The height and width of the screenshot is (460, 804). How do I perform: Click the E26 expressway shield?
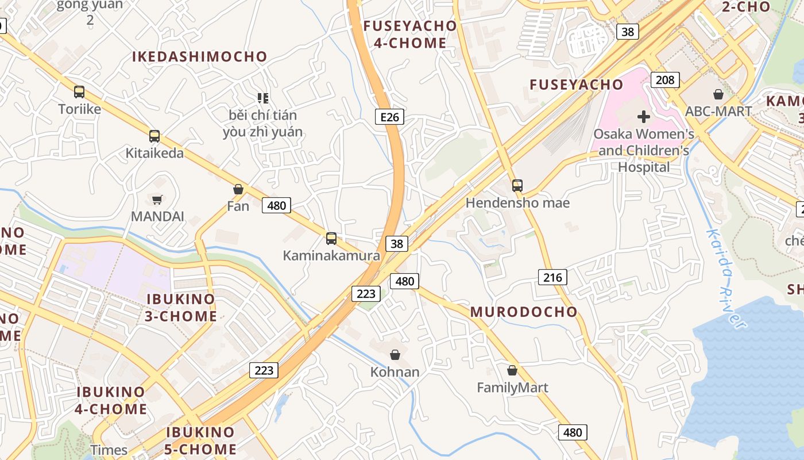click(x=389, y=117)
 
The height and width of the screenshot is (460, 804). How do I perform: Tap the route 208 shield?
click(x=665, y=79)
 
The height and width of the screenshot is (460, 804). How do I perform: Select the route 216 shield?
click(x=552, y=278)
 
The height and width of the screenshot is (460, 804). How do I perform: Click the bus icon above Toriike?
click(x=79, y=91)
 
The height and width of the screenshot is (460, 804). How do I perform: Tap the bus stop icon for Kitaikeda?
click(x=154, y=136)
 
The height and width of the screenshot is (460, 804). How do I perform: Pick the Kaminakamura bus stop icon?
click(x=331, y=238)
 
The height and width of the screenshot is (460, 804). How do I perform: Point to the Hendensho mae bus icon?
click(x=517, y=185)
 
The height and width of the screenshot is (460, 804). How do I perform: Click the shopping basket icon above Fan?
click(x=238, y=189)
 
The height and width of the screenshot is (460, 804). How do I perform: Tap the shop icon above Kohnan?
click(x=395, y=355)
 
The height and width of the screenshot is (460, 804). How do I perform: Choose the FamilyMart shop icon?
click(x=512, y=370)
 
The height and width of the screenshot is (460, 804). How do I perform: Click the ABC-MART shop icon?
click(x=718, y=94)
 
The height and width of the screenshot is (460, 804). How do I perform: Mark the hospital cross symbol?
click(x=644, y=117)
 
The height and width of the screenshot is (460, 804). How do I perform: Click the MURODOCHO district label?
click(x=524, y=312)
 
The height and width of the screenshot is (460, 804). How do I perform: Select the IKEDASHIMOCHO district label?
click(x=200, y=57)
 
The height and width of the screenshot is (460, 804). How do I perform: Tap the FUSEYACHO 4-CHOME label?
click(x=410, y=34)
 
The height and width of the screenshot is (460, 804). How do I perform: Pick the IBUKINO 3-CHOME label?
click(x=181, y=308)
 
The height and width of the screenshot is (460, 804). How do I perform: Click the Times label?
click(x=109, y=450)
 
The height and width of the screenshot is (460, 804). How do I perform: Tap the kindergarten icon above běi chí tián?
click(x=263, y=98)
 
